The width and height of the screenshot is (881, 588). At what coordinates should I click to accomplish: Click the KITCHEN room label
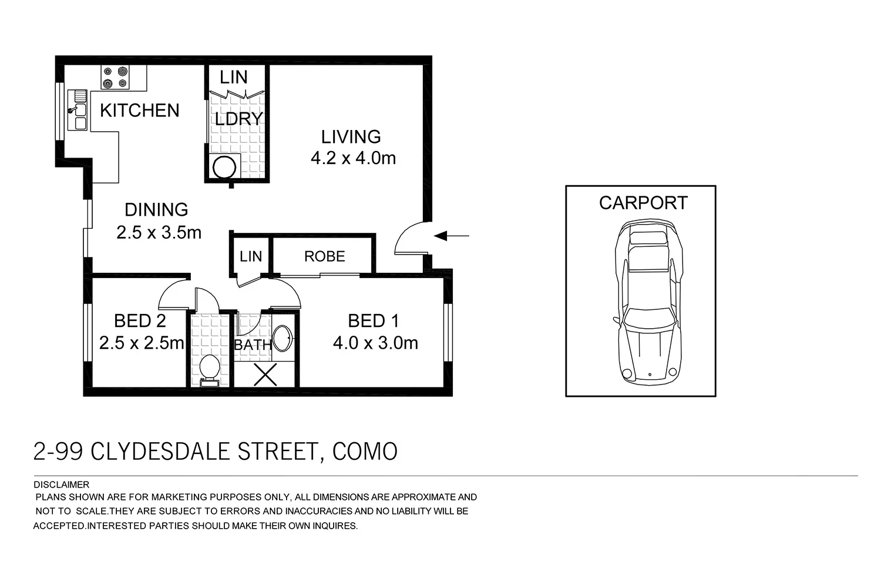[x=139, y=111]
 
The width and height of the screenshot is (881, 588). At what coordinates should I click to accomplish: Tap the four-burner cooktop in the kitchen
[x=115, y=77]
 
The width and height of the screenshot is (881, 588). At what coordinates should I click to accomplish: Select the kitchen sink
[x=78, y=109]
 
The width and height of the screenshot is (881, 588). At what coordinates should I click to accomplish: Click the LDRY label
[x=237, y=119]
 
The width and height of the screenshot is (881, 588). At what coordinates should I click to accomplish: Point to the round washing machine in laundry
[x=224, y=168]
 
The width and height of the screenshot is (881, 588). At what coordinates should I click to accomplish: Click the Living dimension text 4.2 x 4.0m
[x=353, y=158]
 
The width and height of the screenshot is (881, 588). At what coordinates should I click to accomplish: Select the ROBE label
[x=324, y=256]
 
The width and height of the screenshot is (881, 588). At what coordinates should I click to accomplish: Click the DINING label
[x=156, y=209]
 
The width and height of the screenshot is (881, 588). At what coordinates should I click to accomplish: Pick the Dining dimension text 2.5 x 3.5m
[x=159, y=233]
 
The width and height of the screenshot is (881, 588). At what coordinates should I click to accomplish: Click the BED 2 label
[x=140, y=321]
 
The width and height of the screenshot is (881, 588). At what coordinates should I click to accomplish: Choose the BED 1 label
[x=373, y=321]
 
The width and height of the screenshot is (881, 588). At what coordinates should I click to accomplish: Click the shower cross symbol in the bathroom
[x=265, y=375]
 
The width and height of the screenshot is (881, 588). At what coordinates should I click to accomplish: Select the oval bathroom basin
[x=283, y=340]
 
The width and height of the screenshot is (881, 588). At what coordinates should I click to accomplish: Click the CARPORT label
[x=643, y=203]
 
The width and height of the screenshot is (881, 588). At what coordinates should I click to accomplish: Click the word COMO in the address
[x=365, y=452]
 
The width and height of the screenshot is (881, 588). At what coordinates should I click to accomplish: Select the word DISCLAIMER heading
[x=62, y=485]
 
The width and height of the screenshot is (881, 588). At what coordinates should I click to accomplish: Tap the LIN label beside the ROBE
[x=251, y=256]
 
